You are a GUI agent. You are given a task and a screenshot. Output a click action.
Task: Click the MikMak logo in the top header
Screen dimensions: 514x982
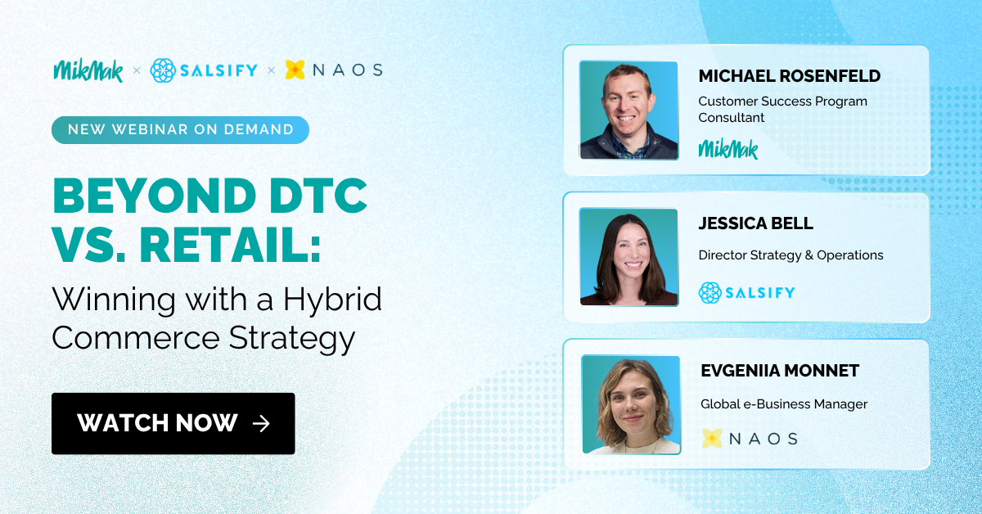[88, 70]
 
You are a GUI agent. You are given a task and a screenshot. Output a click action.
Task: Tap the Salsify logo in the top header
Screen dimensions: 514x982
[205, 70]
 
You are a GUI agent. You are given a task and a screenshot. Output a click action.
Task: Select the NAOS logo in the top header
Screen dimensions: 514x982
[334, 70]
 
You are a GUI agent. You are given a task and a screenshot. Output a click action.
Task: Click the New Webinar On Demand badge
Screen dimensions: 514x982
[180, 129]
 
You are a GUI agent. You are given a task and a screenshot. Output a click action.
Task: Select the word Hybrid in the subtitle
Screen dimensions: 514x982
[332, 300]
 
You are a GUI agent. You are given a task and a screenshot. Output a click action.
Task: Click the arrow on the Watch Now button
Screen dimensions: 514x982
[261, 423]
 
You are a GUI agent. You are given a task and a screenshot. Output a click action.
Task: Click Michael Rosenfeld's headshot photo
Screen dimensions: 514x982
[628, 110]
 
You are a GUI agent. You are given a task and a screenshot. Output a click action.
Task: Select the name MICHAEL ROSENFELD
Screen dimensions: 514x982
[789, 76]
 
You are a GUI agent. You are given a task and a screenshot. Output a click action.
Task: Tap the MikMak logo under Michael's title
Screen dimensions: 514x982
[728, 149]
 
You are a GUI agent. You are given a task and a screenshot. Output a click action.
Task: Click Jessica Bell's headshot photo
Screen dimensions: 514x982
[628, 257]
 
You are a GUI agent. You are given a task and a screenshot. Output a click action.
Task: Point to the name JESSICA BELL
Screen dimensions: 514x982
[755, 223]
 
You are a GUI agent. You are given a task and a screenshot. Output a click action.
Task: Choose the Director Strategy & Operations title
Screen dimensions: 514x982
[791, 255]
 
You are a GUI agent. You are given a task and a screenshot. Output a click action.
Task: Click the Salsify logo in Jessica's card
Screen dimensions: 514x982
[746, 292]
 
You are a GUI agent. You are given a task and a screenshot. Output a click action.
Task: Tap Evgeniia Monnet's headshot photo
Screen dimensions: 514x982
[631, 404]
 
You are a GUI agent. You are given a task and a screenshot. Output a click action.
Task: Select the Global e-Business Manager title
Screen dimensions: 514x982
[783, 404]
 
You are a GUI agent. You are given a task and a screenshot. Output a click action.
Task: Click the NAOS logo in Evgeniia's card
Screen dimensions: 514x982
[750, 438]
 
